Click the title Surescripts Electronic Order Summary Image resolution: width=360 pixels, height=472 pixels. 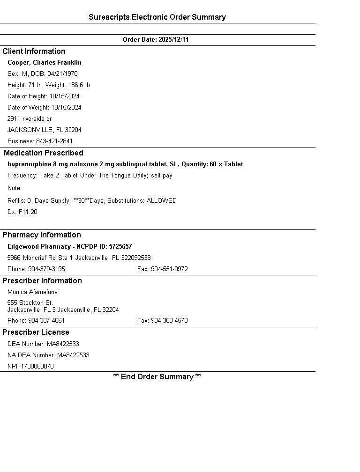157,17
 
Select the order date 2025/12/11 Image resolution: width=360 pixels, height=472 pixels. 173,40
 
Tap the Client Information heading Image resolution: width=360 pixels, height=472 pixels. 34,52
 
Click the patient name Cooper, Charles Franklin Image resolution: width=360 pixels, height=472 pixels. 45,63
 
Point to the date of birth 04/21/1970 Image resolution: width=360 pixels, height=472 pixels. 62,74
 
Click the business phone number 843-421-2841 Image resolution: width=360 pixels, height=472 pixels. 54,141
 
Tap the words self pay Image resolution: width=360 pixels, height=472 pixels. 162,176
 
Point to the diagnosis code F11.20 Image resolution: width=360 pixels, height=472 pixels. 28,212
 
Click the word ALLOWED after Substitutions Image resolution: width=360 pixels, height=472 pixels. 162,201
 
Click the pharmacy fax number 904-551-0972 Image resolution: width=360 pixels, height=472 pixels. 169,269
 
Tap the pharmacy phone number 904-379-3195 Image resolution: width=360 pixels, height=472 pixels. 47,269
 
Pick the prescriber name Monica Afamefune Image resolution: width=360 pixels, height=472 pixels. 32,292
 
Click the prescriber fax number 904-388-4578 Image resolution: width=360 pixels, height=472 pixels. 169,321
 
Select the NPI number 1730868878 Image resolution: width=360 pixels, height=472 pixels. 37,367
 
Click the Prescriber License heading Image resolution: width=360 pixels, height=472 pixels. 36,332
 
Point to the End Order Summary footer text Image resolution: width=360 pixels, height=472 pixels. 157,377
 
